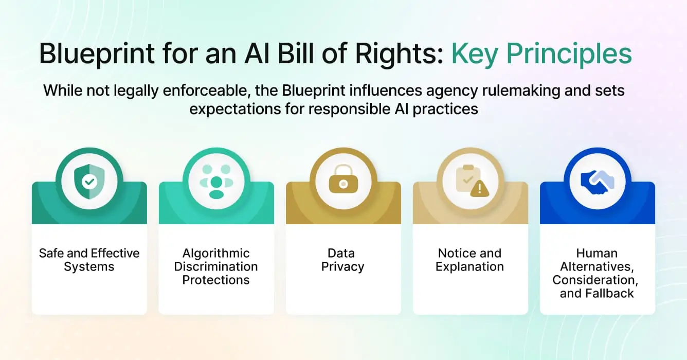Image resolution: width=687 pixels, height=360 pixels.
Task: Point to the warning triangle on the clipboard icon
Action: tap(480, 189)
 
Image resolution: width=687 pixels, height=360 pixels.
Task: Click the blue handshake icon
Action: tap(597, 179)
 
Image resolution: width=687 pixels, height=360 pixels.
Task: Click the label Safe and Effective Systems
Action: tap(89, 260)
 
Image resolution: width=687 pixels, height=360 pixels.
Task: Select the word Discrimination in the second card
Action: tap(216, 266)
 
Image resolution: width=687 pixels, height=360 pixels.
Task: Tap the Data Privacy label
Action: tap(343, 260)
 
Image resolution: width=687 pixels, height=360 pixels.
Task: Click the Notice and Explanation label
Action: tap(469, 260)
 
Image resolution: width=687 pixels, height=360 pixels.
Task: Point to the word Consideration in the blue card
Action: tap(597, 280)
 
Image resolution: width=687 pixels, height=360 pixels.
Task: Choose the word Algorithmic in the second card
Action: tap(216, 253)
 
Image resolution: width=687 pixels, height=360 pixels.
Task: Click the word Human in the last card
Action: tap(597, 253)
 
